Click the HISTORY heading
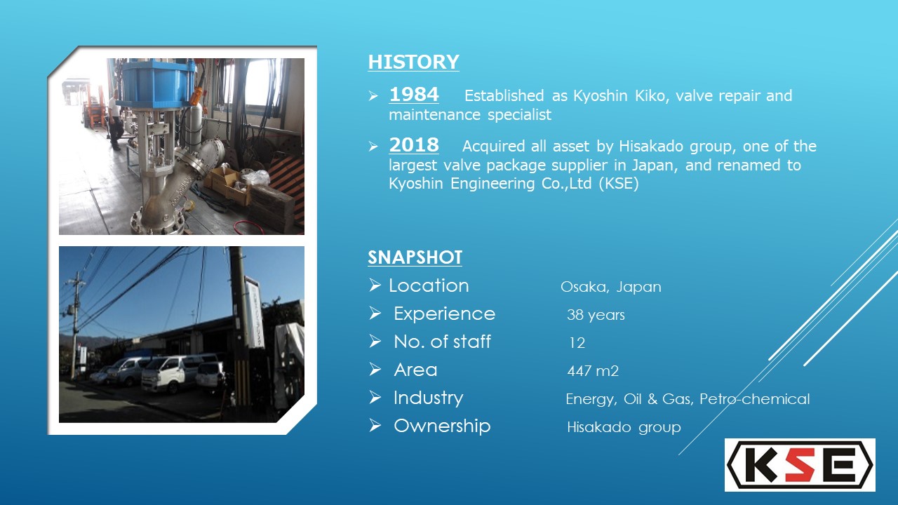click(x=413, y=62)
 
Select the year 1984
click(x=414, y=95)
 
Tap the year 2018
click(x=414, y=144)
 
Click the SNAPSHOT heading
click(x=415, y=257)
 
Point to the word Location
click(x=429, y=285)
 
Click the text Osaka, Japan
click(x=610, y=287)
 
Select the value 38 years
click(x=596, y=315)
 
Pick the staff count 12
click(x=577, y=343)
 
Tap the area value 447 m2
click(x=593, y=371)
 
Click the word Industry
click(x=428, y=398)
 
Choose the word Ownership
click(x=442, y=426)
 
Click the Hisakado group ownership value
click(x=624, y=427)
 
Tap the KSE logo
click(x=800, y=465)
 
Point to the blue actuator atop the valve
click(x=158, y=85)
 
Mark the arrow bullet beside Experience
click(x=375, y=314)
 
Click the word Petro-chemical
click(x=754, y=399)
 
